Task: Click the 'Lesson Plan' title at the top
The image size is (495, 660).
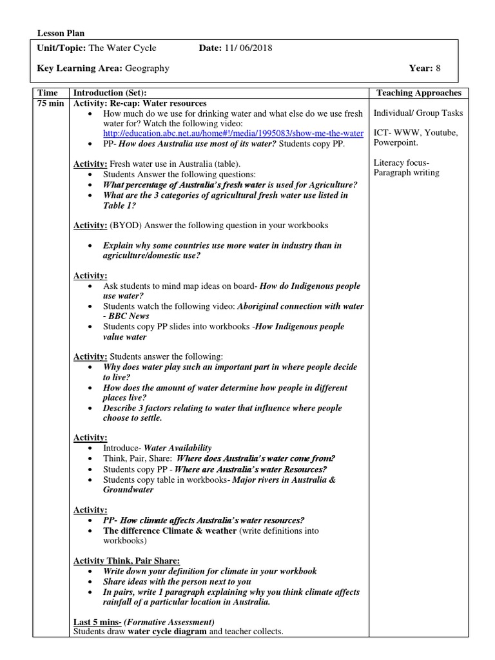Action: click(61, 34)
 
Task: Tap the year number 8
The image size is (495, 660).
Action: click(438, 68)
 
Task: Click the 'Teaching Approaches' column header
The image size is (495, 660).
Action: click(419, 93)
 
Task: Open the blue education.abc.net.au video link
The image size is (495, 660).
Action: click(233, 133)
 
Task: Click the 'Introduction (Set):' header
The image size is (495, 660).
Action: click(114, 93)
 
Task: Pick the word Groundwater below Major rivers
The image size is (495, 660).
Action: click(128, 489)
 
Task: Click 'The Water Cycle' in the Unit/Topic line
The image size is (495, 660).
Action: click(122, 48)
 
